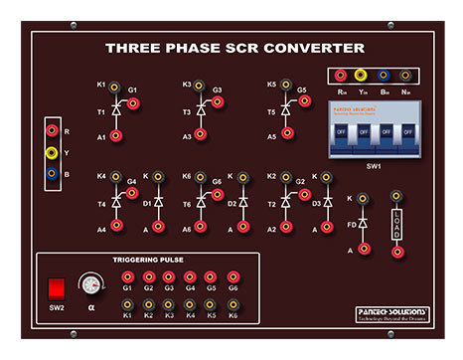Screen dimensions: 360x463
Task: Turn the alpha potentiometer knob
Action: [92, 285]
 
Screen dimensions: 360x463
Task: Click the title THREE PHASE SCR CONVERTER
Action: [234, 47]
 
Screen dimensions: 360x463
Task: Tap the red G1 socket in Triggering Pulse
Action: [127, 277]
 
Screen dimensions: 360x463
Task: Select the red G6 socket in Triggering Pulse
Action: [232, 277]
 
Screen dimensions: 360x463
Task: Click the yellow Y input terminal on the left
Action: [52, 153]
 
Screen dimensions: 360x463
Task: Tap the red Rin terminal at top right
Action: [341, 75]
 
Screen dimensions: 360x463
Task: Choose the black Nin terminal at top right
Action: [405, 75]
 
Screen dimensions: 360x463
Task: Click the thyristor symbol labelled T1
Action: [115, 112]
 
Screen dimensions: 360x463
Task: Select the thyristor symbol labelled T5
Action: [284, 112]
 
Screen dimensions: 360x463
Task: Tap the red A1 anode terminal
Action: [115, 137]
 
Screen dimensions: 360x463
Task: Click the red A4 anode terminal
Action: [116, 227]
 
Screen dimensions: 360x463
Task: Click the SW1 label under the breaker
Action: [376, 166]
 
